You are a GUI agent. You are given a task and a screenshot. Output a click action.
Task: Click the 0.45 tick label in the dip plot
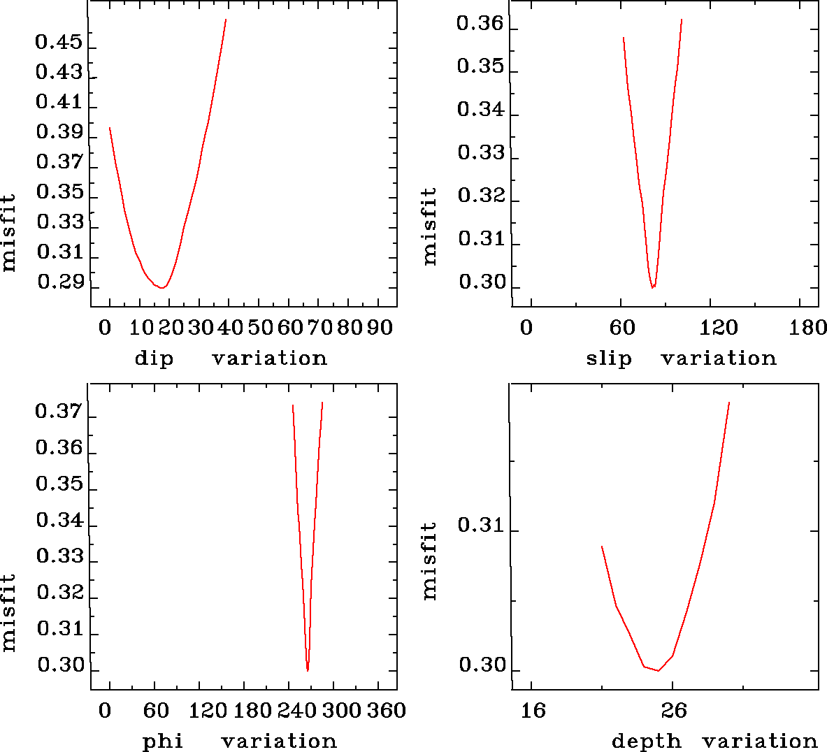[x=59, y=43]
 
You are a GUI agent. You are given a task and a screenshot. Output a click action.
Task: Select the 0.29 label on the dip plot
[x=61, y=282]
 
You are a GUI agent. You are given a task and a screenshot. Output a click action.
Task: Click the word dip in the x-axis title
[x=154, y=359]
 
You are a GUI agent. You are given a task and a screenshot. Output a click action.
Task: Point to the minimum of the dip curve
[x=161, y=287]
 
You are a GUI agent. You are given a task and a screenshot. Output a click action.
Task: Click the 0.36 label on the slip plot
[x=480, y=24]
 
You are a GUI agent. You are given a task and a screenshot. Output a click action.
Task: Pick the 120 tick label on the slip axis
[x=719, y=328]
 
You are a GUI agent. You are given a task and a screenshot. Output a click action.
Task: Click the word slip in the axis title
[x=608, y=359]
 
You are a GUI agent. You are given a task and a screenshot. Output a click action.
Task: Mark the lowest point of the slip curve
[x=652, y=287]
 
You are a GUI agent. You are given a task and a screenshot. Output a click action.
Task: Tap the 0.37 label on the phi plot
[x=59, y=412]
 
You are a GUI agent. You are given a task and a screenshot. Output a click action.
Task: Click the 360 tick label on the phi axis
[x=387, y=711]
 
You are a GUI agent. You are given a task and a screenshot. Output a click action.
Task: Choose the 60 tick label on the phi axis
[x=157, y=711]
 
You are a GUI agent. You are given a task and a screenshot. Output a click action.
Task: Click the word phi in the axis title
[x=163, y=741]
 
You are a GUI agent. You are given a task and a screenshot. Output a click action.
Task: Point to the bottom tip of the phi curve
[x=308, y=670]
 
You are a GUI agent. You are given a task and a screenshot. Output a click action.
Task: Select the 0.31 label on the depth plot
[x=481, y=525]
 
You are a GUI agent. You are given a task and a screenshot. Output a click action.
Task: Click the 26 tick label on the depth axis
[x=674, y=711]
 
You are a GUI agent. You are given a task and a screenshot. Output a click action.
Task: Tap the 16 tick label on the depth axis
[x=533, y=711]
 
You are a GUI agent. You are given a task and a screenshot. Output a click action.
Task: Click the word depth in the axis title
[x=646, y=741]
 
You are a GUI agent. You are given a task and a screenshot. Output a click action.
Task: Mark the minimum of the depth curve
[x=658, y=670]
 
